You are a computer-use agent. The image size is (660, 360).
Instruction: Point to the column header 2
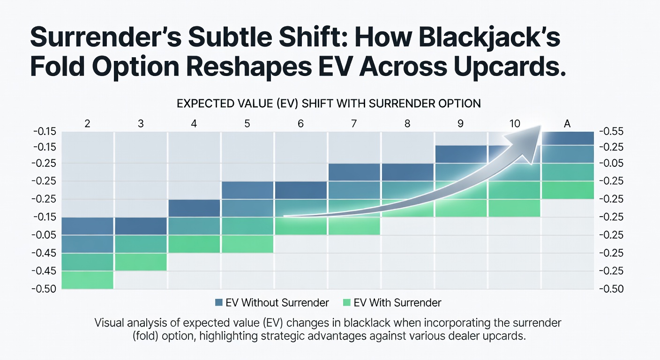point(87,124)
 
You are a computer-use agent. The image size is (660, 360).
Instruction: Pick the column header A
point(567,124)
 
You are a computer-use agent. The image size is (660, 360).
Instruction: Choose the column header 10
point(515,124)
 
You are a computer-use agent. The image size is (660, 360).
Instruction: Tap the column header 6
point(300,124)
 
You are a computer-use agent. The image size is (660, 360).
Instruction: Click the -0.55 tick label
point(611,131)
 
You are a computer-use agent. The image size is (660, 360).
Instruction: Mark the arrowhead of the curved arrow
point(527,142)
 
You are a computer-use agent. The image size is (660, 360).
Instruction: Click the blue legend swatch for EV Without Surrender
point(218,302)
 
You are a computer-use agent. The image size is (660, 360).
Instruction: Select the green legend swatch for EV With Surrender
point(347,302)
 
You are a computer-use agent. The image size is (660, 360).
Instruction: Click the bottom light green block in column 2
point(88,280)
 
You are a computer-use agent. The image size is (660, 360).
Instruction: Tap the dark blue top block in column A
point(568,138)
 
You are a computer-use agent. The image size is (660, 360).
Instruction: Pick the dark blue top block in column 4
point(194,208)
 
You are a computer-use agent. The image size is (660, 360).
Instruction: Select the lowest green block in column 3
point(141,262)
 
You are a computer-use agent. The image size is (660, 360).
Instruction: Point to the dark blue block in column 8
point(408,172)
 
